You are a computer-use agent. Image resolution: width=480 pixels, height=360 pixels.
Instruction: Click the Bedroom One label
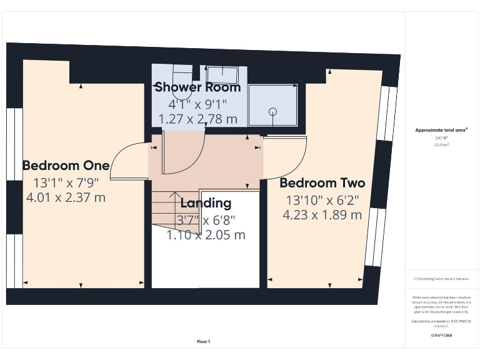pyautogui.click(x=66, y=166)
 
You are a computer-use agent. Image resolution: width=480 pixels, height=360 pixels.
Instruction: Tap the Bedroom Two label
pyautogui.click(x=322, y=183)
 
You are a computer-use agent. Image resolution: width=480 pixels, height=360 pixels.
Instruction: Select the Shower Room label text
pyautogui.click(x=197, y=87)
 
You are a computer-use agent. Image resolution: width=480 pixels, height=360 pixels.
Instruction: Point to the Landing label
pyautogui.click(x=206, y=203)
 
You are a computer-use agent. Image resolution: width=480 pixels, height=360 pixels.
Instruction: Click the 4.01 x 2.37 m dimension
pyautogui.click(x=66, y=198)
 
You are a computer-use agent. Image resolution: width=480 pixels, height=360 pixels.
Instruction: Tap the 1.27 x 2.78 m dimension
pyautogui.click(x=197, y=118)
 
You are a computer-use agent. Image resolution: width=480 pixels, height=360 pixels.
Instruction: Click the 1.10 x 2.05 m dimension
pyautogui.click(x=206, y=235)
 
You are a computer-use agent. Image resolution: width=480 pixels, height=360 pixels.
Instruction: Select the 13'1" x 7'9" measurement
pyautogui.click(x=66, y=183)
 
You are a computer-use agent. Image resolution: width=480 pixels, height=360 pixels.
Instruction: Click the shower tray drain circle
pyautogui.click(x=272, y=111)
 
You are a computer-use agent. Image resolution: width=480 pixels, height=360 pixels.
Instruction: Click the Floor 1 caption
pyautogui.click(x=204, y=342)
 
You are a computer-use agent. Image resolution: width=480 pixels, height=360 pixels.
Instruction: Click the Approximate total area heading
pyautogui.click(x=441, y=130)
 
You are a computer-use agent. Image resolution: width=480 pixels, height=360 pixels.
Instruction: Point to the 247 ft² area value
pyautogui.click(x=441, y=137)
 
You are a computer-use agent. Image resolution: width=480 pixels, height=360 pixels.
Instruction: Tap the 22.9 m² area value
pyautogui.click(x=441, y=144)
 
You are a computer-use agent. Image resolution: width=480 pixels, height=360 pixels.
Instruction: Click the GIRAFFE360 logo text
pyautogui.click(x=441, y=336)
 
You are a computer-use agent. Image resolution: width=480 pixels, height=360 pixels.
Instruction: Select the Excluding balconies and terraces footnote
pyautogui.click(x=441, y=278)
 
